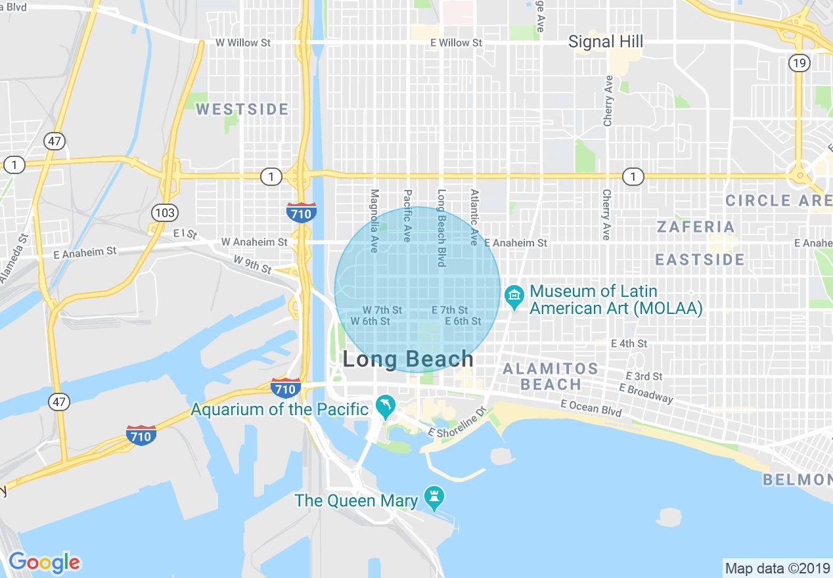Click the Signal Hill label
(x=605, y=42)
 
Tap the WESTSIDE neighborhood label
(x=242, y=109)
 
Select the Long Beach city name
(x=408, y=359)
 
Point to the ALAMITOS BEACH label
(x=551, y=376)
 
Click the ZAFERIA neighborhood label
(x=696, y=227)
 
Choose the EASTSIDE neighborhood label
(x=700, y=259)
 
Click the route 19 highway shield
(x=798, y=63)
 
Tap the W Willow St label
(x=243, y=43)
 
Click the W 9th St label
(x=252, y=265)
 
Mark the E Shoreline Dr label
(x=457, y=424)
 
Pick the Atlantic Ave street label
(x=474, y=217)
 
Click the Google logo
(x=44, y=562)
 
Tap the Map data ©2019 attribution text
(x=776, y=567)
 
